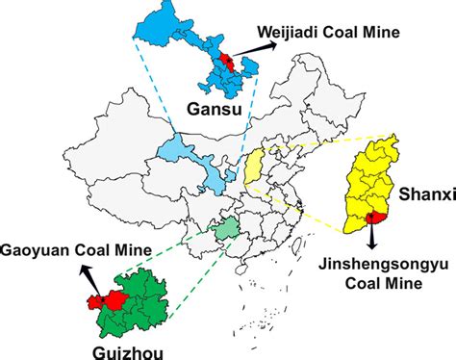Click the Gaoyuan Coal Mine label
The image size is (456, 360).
coord(74,251)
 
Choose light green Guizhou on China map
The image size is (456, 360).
coord(227,231)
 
